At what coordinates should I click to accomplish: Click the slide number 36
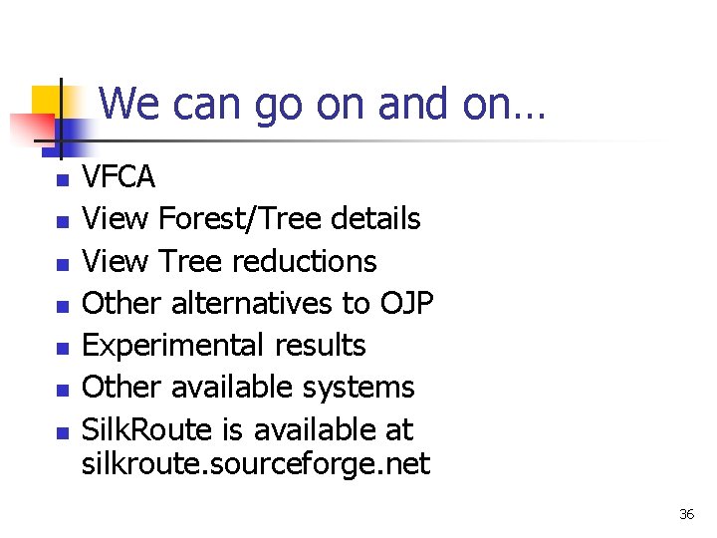coord(686,514)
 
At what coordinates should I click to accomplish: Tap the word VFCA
coord(119,177)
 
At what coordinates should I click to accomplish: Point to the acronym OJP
coord(406,303)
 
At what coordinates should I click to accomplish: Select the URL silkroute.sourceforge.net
coord(256,463)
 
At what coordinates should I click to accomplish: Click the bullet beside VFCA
coord(62,181)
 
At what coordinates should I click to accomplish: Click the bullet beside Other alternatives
coord(62,307)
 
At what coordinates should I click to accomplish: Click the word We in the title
coord(128,104)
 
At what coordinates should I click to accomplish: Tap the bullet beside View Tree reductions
coord(62,265)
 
